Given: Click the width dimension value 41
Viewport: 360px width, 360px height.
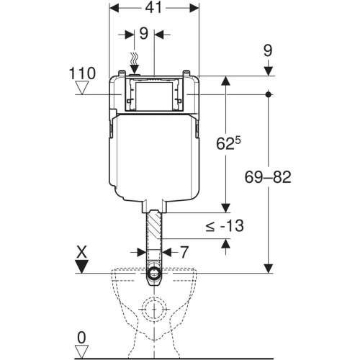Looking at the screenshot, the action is (153, 8).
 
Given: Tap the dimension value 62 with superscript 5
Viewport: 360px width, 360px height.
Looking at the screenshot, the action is (228, 143).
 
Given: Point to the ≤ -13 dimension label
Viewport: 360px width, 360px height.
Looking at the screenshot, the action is (225, 226).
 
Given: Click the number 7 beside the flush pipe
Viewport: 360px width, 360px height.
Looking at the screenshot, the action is (184, 252).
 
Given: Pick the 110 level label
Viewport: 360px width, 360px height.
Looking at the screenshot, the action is (82, 73).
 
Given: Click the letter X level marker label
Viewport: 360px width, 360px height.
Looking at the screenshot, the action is (81, 253).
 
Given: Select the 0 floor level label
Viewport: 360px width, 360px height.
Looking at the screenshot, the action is (81, 338).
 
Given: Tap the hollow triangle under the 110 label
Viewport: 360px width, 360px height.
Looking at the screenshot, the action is (82, 88).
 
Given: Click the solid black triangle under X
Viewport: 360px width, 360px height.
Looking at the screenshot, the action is (81, 266).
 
